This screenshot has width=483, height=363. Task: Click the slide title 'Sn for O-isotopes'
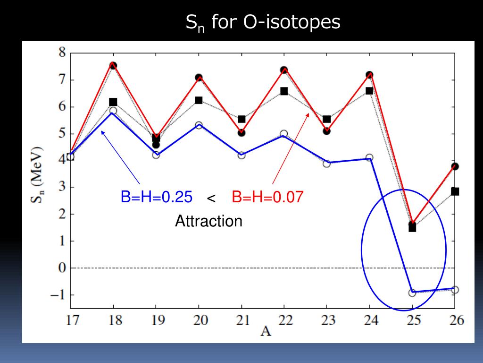coord(263,22)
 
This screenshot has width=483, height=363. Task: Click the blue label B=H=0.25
coord(156,197)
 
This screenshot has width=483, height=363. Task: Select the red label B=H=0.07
coord(267,197)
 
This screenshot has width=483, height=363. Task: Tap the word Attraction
coord(208,221)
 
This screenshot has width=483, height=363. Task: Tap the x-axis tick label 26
coord(455,321)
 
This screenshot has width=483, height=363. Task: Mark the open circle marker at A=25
coord(412,293)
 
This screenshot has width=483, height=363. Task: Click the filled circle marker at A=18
coord(113,66)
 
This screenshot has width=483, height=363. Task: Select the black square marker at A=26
coord(455,191)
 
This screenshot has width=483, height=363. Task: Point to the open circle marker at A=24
coord(369,157)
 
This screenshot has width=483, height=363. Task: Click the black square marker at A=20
coord(199,100)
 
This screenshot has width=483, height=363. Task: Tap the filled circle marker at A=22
coord(284,70)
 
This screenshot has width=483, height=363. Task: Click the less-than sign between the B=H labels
coord(211,199)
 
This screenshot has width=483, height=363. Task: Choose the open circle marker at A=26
coord(455,290)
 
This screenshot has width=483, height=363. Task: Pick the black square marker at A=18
coord(113,102)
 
